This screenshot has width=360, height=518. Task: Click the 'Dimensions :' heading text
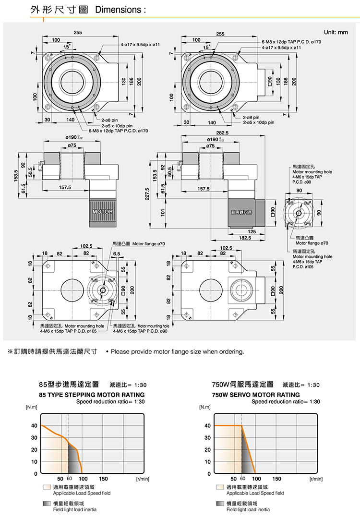coord(120,10)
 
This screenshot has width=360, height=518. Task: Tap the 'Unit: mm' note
coord(336,33)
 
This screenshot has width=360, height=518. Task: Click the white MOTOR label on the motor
coord(102,212)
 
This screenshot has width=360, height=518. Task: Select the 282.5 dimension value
coord(222,132)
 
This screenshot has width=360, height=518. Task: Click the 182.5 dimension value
coord(245,238)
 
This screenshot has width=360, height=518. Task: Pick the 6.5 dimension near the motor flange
coord(117,253)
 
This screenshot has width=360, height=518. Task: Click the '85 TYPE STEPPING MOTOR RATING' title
coord(92,395)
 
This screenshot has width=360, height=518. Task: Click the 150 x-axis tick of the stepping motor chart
coord(103,479)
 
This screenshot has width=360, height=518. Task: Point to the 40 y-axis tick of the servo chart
coord(207,426)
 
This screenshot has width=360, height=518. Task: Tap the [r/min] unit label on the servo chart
coord(316,479)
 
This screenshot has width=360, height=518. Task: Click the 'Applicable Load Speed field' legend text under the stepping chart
coord(82,493)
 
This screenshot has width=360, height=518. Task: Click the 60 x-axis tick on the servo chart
coord(242,479)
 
